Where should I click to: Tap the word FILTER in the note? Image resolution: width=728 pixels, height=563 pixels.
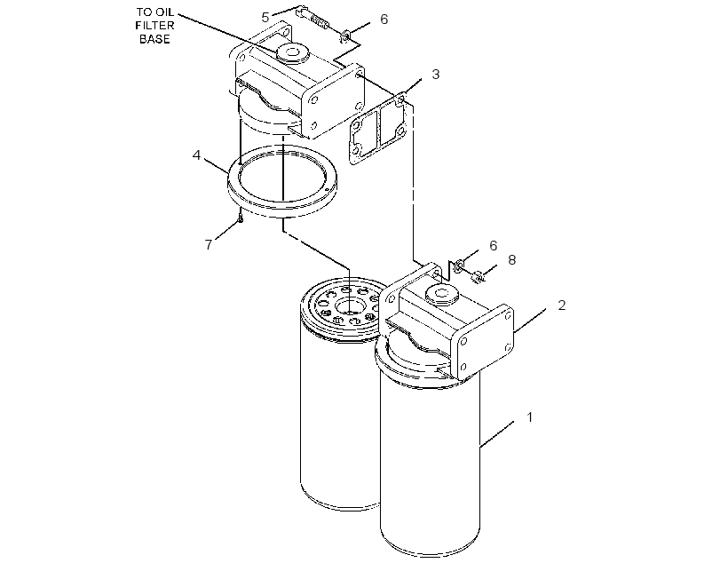(154, 26)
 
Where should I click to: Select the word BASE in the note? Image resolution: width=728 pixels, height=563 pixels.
(154, 39)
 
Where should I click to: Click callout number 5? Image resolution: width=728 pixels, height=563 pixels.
(265, 18)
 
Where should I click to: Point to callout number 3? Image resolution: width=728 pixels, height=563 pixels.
(436, 75)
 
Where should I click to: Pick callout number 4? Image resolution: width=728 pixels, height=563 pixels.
(197, 155)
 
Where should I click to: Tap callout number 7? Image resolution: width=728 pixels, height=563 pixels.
(209, 244)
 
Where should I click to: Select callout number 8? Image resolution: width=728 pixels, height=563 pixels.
(511, 259)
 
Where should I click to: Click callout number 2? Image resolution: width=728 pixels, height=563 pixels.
(562, 305)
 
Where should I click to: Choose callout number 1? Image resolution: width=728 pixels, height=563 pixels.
(530, 417)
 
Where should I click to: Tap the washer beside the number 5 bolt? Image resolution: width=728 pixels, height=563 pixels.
(345, 35)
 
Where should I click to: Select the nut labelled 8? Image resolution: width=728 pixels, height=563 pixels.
(478, 277)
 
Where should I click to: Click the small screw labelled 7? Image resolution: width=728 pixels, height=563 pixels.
(240, 217)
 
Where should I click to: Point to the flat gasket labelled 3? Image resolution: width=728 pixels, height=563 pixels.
(380, 129)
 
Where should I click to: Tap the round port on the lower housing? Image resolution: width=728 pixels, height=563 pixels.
(442, 295)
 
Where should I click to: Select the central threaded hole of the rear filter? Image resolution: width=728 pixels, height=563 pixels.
(348, 306)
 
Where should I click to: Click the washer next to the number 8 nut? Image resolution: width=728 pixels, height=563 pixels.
(458, 266)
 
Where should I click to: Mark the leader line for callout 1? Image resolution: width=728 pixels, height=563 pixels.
(497, 434)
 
